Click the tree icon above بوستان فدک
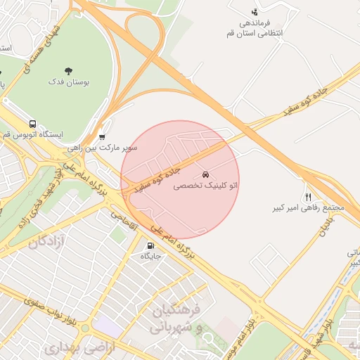[68, 70]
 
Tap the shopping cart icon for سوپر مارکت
[103, 137]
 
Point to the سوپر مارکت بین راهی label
[102, 149]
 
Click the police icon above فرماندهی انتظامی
[255, 12]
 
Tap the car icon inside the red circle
[205, 173]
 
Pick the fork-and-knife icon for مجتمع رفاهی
[307, 197]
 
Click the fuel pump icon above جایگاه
[150, 245]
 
